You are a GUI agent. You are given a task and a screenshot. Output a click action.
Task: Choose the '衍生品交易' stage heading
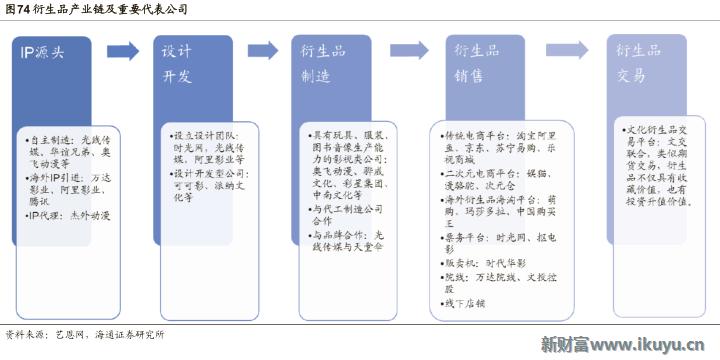tap(637, 62)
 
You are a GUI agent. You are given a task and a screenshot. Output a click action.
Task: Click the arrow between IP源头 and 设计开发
tap(122, 51)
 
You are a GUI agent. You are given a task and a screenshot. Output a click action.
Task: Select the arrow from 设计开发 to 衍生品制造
tap(263, 51)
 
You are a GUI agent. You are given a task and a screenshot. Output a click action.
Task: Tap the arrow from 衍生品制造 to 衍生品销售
tap(409, 51)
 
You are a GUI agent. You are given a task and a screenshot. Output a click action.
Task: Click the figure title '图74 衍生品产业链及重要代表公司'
tap(94, 9)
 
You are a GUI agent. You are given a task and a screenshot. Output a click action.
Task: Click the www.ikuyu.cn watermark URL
tap(659, 345)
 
